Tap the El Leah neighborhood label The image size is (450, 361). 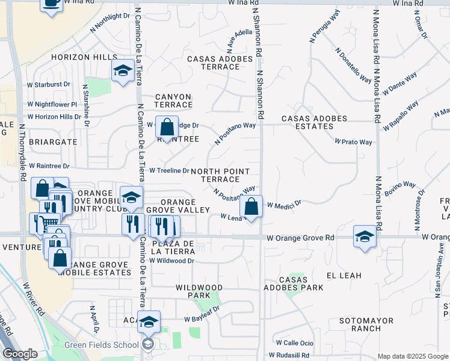(x=344, y=276)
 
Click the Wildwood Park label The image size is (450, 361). (x=199, y=292)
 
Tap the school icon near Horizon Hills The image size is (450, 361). (x=123, y=72)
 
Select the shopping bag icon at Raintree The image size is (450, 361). (x=167, y=127)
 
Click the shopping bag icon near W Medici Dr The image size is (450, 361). (x=251, y=206)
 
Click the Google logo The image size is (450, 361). (x=20, y=354)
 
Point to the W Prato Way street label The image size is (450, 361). (x=354, y=142)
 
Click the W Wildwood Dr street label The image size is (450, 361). (x=172, y=261)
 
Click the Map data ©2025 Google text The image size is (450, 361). (x=413, y=356)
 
